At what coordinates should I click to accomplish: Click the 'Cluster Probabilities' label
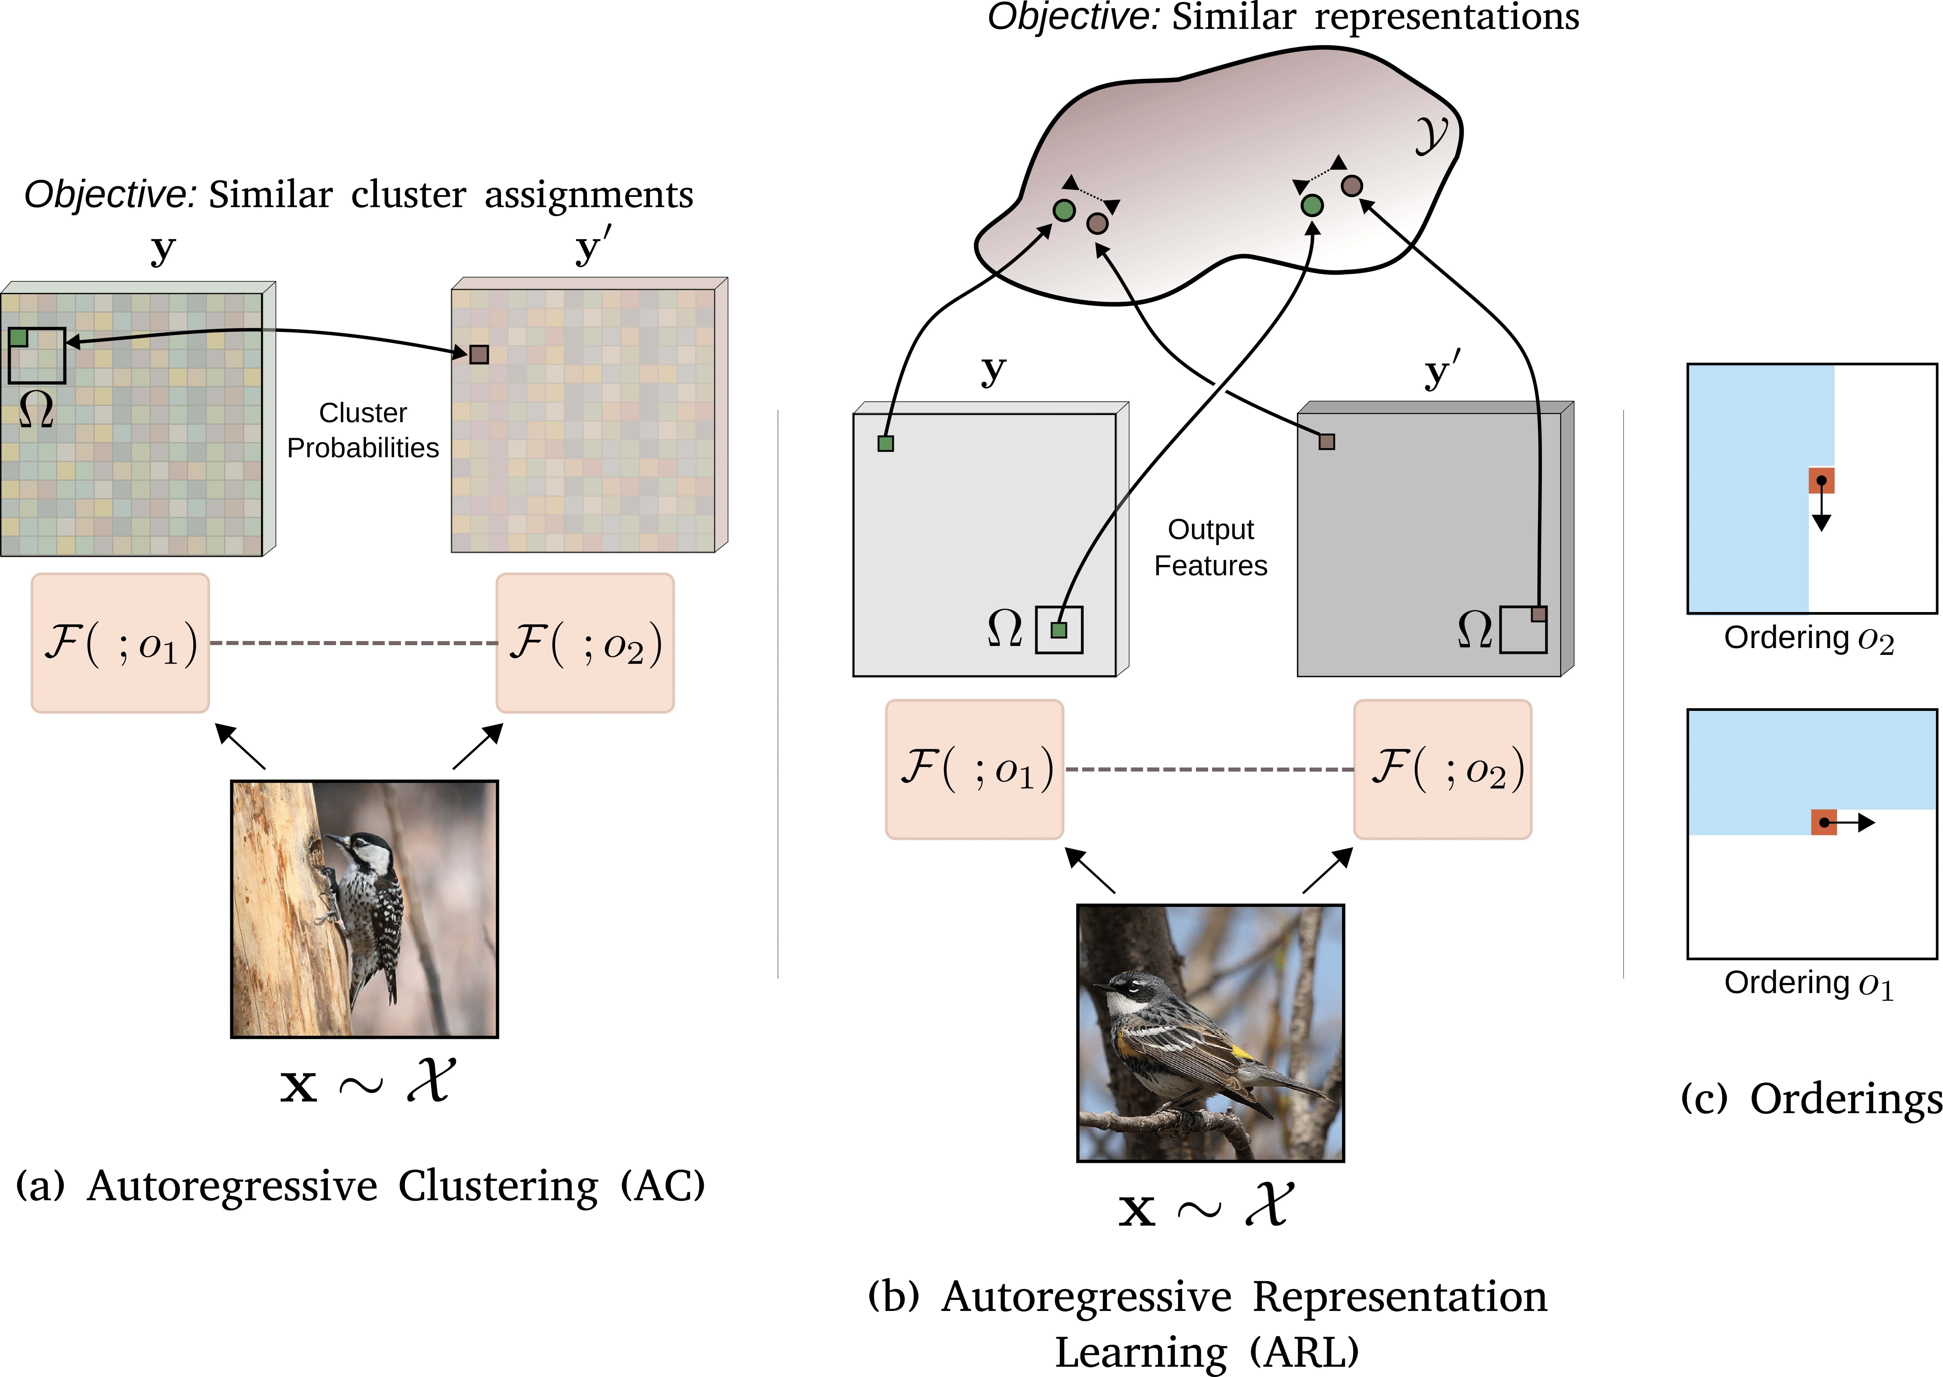363,430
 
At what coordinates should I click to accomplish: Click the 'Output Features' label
1211,547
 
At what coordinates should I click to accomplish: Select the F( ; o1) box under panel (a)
120,643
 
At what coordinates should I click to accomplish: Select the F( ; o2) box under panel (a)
585,643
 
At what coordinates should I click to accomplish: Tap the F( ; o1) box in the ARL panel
974,769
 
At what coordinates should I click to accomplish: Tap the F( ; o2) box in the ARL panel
1443,769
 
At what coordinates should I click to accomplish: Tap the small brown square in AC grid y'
479,354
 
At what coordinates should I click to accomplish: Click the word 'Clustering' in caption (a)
498,1185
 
